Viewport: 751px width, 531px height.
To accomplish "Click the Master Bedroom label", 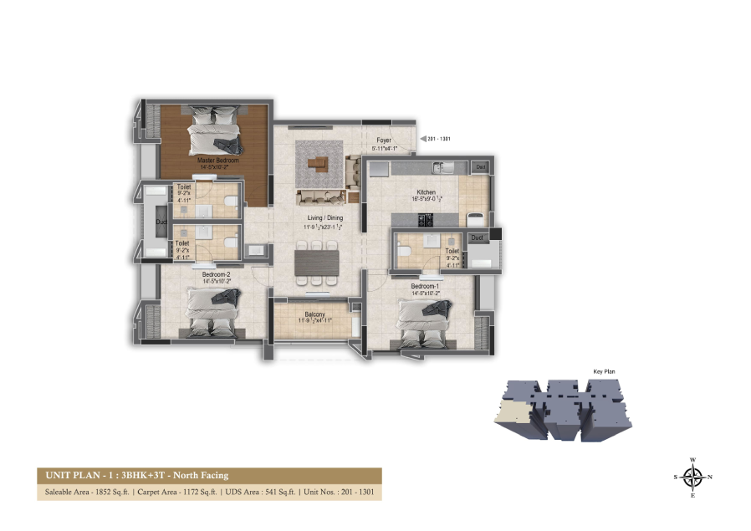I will tap(217, 159).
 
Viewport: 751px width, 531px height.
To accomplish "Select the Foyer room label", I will tap(384, 141).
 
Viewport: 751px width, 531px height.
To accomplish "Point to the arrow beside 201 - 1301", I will tap(421, 139).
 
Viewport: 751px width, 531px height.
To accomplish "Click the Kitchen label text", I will tap(426, 191).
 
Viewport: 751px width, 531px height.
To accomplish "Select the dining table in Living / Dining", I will tap(318, 261).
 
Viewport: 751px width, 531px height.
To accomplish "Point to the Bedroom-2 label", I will tap(216, 273).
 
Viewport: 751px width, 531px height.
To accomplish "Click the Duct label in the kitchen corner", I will tap(479, 167).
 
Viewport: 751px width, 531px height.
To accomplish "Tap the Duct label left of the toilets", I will tap(161, 222).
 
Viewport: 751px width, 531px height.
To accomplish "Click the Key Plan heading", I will tap(604, 371).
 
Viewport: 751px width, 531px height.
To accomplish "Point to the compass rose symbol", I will tap(692, 477).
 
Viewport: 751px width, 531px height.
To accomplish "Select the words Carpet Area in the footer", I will tap(153, 493).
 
